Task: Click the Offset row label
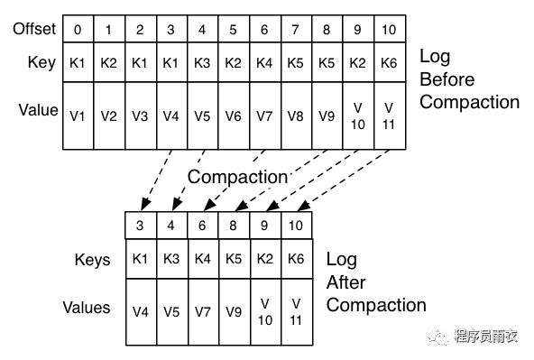[34, 29]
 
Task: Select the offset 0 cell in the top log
[78, 29]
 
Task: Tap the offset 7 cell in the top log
[296, 29]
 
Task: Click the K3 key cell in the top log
[203, 62]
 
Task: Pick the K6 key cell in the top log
[390, 62]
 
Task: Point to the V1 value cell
[78, 115]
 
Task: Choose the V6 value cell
[234, 115]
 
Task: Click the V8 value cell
[296, 115]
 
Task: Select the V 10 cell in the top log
[358, 115]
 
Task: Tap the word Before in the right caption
[447, 79]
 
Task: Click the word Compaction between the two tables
[237, 177]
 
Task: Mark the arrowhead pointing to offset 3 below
[145, 204]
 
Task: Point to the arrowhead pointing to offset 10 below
[304, 206]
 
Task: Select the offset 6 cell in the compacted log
[202, 226]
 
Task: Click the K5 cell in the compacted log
[234, 259]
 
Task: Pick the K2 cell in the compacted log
[265, 259]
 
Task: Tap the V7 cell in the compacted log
[203, 311]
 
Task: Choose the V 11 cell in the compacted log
[296, 311]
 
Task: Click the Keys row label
[92, 260]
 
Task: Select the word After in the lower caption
[345, 282]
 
